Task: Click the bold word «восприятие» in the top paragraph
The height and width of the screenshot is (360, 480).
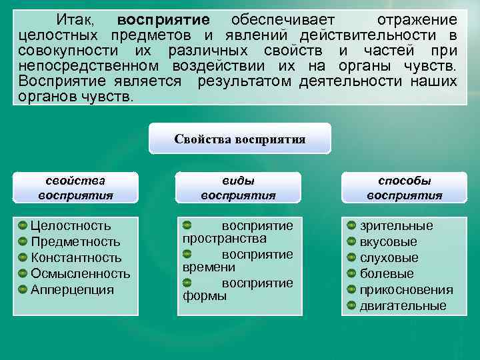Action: pyautogui.click(x=163, y=19)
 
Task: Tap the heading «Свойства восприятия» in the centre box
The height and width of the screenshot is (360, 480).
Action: pyautogui.click(x=239, y=139)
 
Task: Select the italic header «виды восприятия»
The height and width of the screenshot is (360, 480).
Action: pyautogui.click(x=238, y=188)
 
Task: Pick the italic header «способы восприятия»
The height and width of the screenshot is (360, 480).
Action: pyautogui.click(x=404, y=188)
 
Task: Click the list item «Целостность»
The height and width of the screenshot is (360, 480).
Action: pyautogui.click(x=71, y=226)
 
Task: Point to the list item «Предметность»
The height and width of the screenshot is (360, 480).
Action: pyautogui.click(x=75, y=242)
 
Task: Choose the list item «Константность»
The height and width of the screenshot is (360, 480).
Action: pyautogui.click(x=76, y=258)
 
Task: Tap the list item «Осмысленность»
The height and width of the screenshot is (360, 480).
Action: pyautogui.click(x=80, y=274)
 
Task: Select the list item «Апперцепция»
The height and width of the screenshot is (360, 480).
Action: pyautogui.click(x=72, y=290)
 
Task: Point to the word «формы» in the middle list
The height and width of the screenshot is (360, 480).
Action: pyautogui.click(x=204, y=295)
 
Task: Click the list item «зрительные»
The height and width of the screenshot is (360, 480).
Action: pyautogui.click(x=396, y=226)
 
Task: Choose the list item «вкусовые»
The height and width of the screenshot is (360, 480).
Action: pyautogui.click(x=388, y=242)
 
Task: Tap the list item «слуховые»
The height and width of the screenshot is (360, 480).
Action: pyautogui.click(x=389, y=258)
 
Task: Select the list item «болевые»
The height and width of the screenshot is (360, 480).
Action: pyautogui.click(x=387, y=274)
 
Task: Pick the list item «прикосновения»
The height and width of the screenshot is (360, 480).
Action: pyautogui.click(x=406, y=290)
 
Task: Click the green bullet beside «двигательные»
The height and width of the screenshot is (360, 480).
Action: pyautogui.click(x=351, y=306)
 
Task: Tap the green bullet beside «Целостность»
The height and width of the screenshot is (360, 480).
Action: pyautogui.click(x=23, y=226)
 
